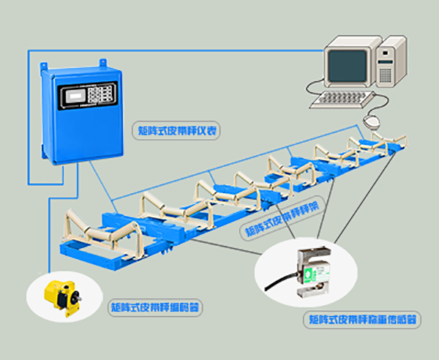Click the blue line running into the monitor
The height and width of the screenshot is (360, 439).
click(x=219, y=50)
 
